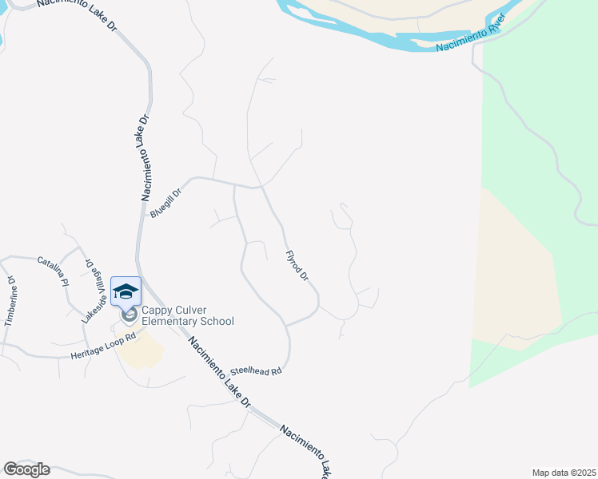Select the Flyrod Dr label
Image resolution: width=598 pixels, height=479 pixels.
pos(297,266)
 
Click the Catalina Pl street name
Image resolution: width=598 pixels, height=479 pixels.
pos(53,269)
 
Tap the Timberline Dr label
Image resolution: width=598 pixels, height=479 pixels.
pos(10,301)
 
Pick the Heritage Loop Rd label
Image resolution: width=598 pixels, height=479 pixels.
pos(104,345)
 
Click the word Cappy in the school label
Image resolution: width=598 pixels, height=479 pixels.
pos(158,311)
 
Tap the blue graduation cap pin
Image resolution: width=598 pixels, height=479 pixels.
pos(126,291)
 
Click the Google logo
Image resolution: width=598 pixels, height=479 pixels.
pos(26,469)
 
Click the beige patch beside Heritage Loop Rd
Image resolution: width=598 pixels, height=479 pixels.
pos(144,351)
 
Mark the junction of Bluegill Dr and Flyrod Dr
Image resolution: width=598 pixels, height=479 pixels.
pos(261,188)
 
